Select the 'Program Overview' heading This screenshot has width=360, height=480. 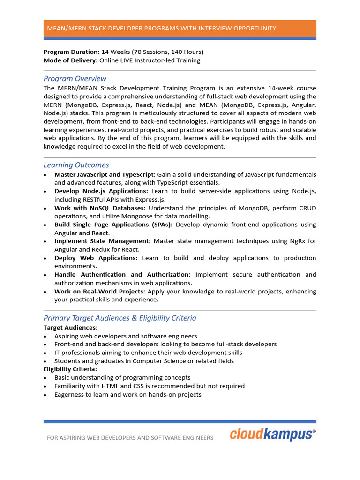click(x=75, y=79)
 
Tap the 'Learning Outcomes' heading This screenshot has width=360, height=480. click(x=76, y=165)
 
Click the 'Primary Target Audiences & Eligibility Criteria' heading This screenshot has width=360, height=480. click(x=120, y=318)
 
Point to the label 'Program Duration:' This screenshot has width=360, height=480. click(x=72, y=52)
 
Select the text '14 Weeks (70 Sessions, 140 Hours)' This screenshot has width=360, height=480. click(x=152, y=52)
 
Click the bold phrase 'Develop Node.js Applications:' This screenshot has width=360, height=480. click(x=101, y=191)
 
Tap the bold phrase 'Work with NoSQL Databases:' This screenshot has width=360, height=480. click(x=100, y=208)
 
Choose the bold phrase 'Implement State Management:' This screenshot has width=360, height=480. click(x=103, y=241)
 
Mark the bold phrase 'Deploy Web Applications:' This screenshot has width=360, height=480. click(x=96, y=258)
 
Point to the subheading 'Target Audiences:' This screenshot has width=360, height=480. click(x=71, y=328)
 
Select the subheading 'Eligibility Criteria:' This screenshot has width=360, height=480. click(x=70, y=369)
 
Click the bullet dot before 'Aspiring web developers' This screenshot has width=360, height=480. click(x=45, y=337)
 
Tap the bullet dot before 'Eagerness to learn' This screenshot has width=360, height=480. click(x=45, y=395)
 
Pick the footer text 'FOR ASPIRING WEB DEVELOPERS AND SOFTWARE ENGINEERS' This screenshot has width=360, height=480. click(x=130, y=438)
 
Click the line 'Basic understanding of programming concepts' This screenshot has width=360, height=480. click(x=122, y=378)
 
